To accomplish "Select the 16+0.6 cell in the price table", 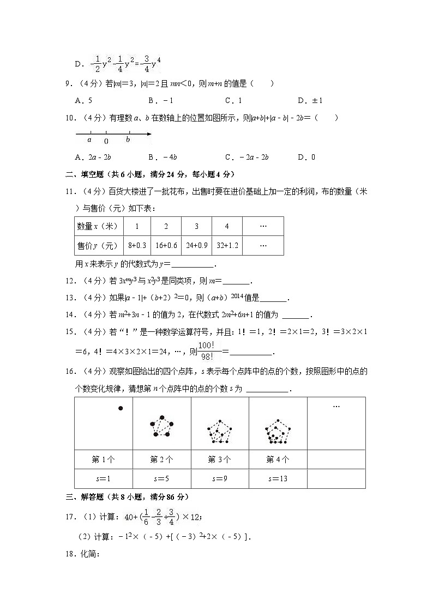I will click(x=166, y=245).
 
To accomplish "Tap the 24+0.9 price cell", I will click(x=196, y=245).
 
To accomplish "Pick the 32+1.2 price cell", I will click(x=226, y=245).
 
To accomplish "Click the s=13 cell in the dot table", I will click(x=278, y=478).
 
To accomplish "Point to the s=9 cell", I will click(x=220, y=478).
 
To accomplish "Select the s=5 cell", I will click(x=161, y=478).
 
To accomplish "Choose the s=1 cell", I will click(x=103, y=478).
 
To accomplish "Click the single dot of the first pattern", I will click(x=121, y=408).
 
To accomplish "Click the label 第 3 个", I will click(x=220, y=459).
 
